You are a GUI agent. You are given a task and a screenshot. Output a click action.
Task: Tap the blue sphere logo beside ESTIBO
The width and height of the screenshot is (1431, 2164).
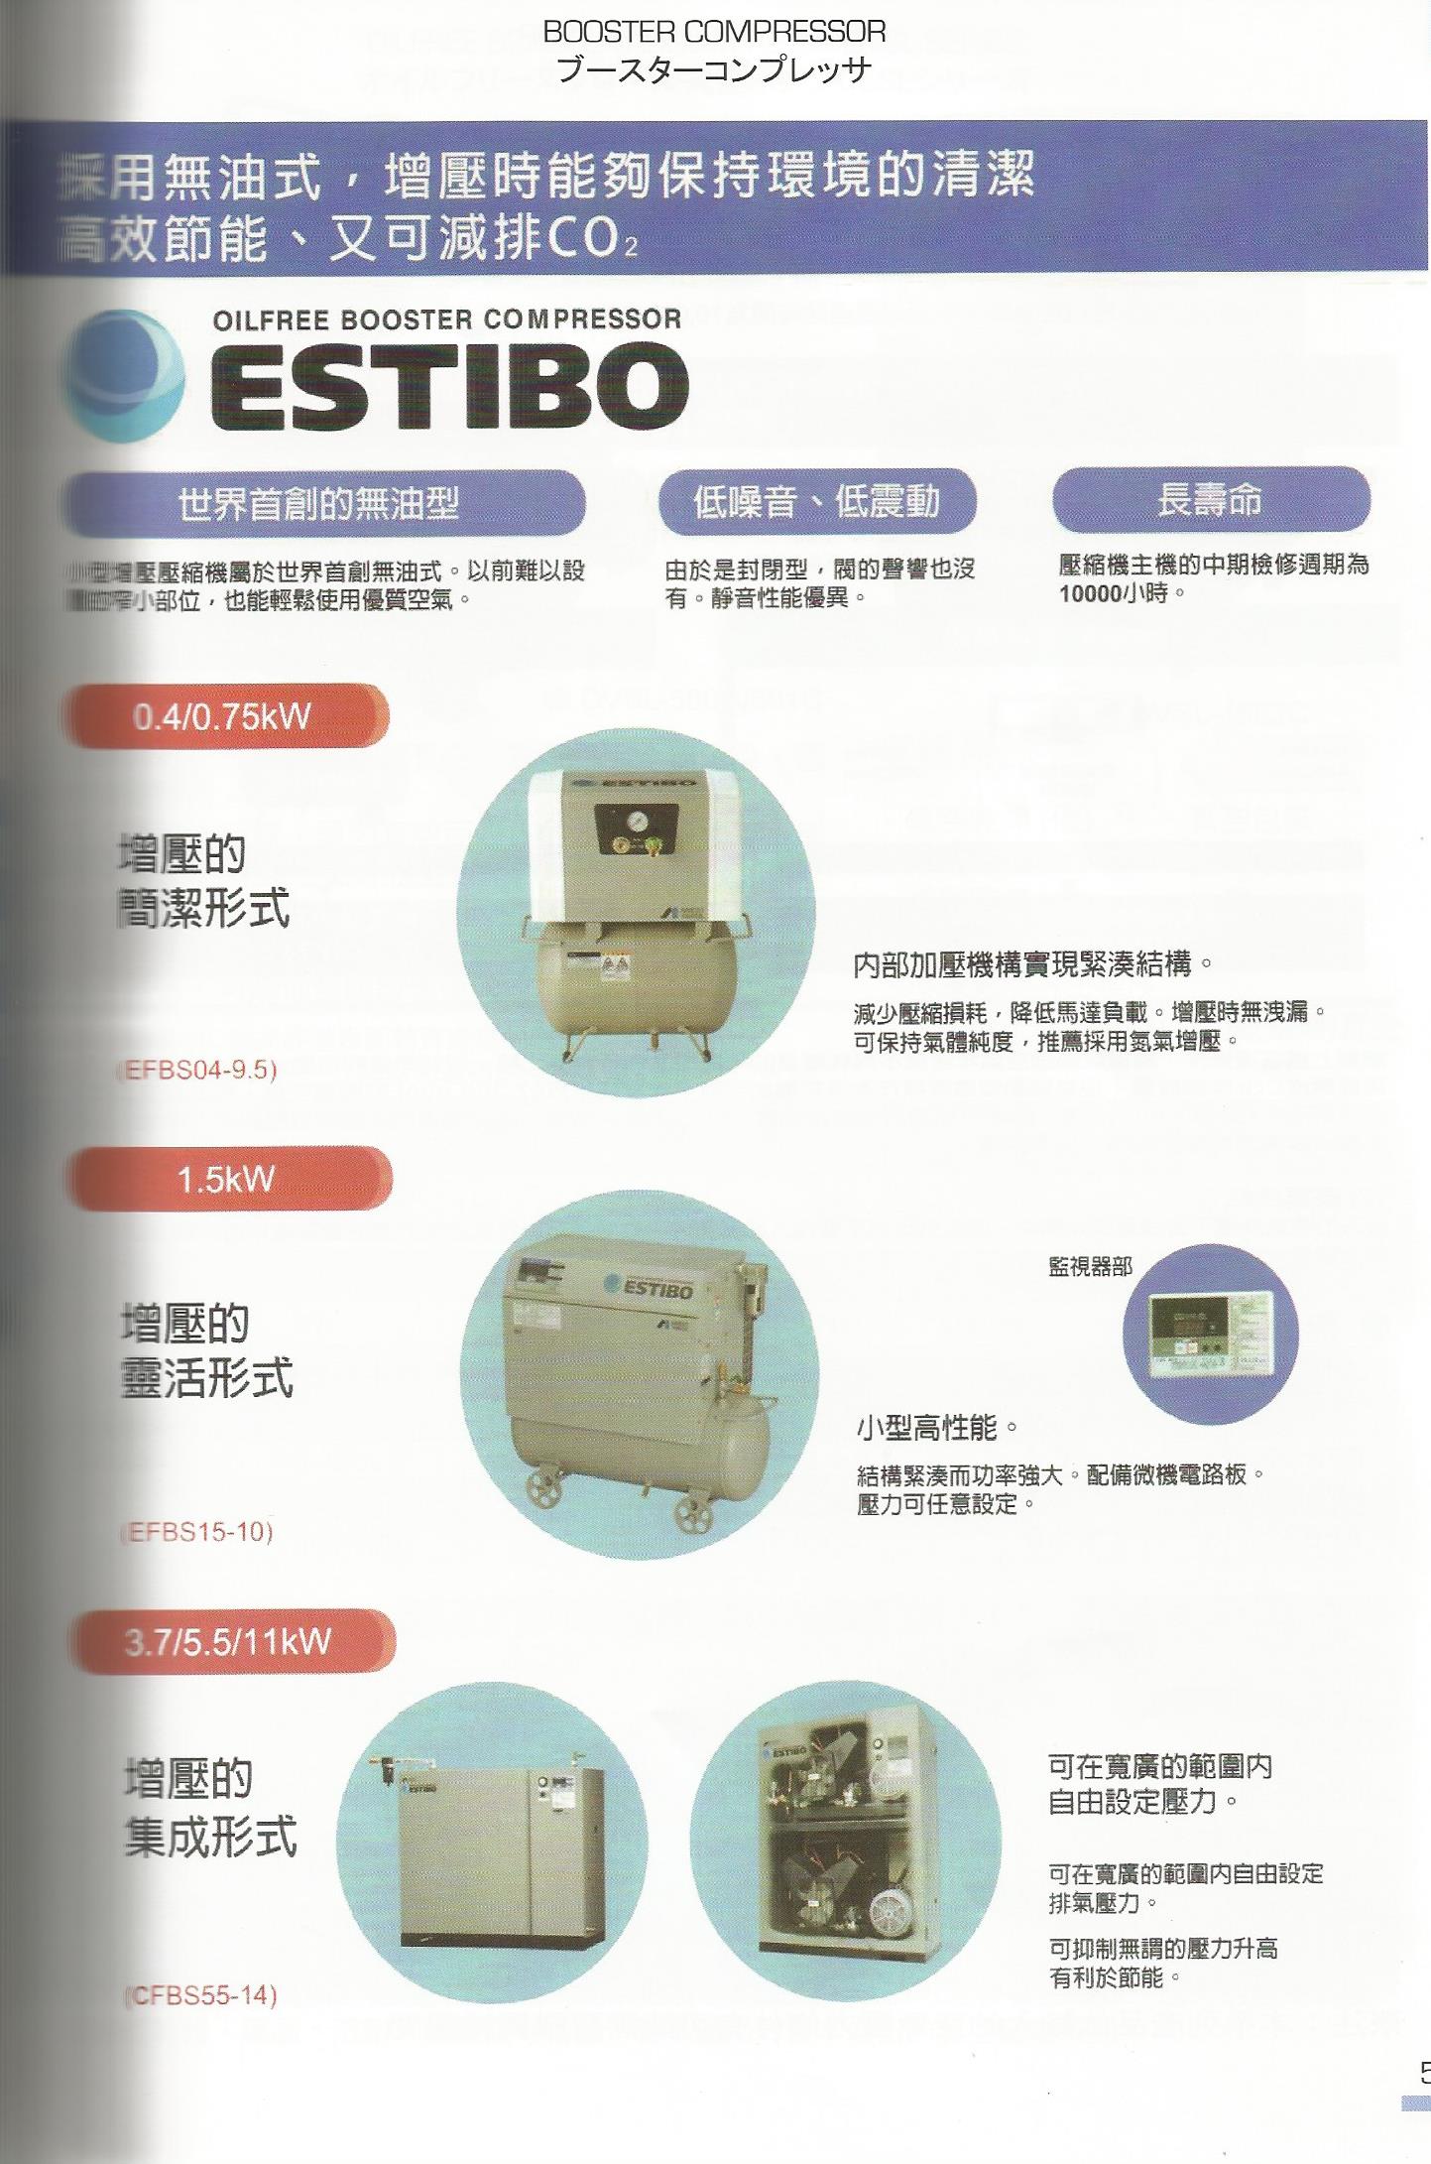point(122,376)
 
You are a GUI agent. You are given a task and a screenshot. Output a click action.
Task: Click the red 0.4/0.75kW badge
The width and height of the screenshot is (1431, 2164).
point(224,715)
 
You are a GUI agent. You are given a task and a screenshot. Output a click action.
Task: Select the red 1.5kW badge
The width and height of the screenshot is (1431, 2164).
point(227,1179)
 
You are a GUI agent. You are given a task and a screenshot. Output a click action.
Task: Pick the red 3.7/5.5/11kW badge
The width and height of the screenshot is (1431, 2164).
point(229,1641)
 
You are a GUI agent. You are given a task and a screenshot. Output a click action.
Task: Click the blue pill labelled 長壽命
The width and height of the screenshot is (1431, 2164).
point(1210,500)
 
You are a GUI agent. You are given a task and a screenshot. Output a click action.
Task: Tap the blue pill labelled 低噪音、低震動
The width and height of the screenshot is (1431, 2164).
point(816,501)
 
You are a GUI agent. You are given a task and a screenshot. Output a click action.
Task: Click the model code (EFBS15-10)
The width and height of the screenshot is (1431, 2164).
point(197,1532)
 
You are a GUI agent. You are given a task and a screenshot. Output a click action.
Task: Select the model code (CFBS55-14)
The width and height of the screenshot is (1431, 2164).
point(201,1995)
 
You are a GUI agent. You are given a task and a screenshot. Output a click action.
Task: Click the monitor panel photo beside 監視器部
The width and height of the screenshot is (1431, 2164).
point(1210,1334)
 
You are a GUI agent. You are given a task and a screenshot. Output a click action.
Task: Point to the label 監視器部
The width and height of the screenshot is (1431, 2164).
point(1090,1266)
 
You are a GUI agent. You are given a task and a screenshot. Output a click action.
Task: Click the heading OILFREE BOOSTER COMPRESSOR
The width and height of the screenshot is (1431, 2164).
point(446,319)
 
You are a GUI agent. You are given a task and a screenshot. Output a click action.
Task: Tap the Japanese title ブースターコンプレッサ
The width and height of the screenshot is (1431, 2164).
point(714,69)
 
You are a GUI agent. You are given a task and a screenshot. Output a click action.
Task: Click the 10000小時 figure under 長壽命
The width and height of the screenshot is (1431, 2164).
point(1121,593)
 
